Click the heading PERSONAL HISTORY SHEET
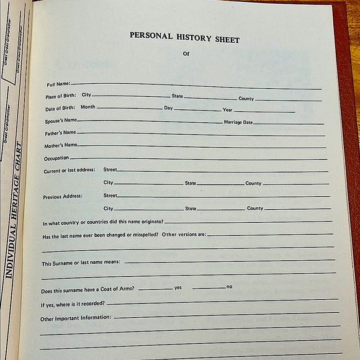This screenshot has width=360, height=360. pyautogui.click(x=184, y=37)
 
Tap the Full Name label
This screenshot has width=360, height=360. pyautogui.click(x=59, y=84)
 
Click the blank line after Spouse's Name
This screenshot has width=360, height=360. pyautogui.click(x=149, y=122)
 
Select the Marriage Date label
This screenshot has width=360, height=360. pyautogui.click(x=238, y=122)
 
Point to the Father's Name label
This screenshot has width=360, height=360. pyautogui.click(x=60, y=133)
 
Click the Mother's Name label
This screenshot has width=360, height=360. pyautogui.click(x=60, y=146)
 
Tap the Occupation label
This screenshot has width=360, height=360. pyautogui.click(x=56, y=158)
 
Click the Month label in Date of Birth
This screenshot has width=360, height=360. pyautogui.click(x=88, y=107)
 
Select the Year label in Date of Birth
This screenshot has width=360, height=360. pyautogui.click(x=228, y=110)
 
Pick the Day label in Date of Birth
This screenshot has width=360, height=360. pyautogui.click(x=168, y=108)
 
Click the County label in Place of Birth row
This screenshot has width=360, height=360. pyautogui.click(x=246, y=99)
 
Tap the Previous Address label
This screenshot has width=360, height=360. pyautogui.click(x=63, y=197)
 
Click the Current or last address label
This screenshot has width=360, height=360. pyautogui.click(x=69, y=170)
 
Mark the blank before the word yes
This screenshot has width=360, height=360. pyautogui.click(x=155, y=289)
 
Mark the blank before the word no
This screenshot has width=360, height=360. pyautogui.click(x=209, y=287)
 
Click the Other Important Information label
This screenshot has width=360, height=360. pyautogui.click(x=76, y=318)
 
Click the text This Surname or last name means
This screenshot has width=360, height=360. pyautogui.click(x=81, y=263)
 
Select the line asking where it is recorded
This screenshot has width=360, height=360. pyautogui.click(x=73, y=304)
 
